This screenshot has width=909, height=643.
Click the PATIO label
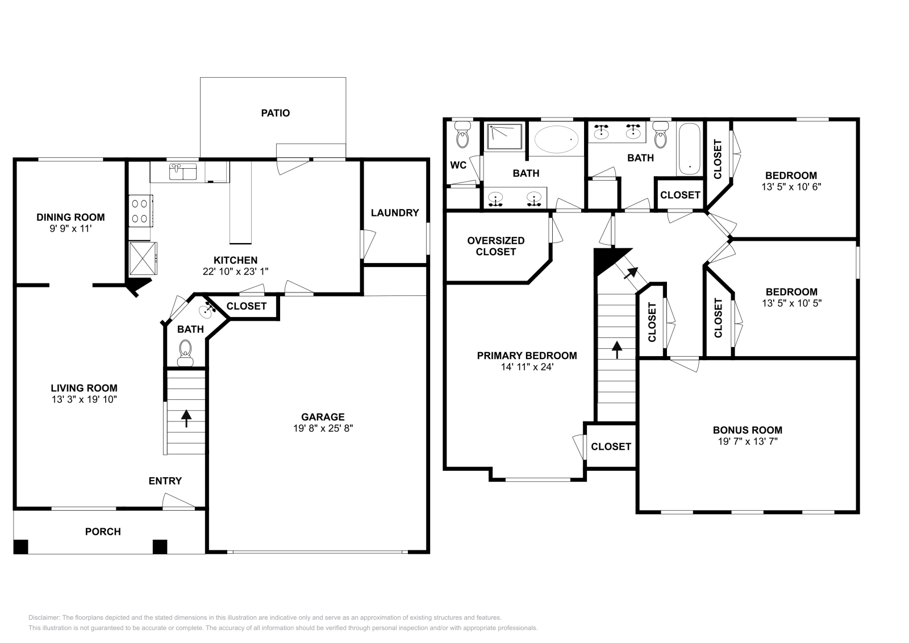pyautogui.click(x=275, y=113)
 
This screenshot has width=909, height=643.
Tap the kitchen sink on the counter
pyautogui.click(x=182, y=171)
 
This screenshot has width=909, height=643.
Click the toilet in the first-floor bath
pyautogui.click(x=185, y=351)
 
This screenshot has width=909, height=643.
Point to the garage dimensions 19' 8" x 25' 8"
pyautogui.click(x=323, y=428)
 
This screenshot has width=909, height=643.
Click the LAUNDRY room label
pyautogui.click(x=394, y=212)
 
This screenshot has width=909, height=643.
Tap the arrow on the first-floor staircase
pyautogui.click(x=186, y=419)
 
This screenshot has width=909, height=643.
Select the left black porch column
pyautogui.click(x=20, y=546)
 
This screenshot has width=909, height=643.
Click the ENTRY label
pyautogui.click(x=165, y=481)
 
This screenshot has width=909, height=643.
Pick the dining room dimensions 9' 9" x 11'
pyautogui.click(x=70, y=228)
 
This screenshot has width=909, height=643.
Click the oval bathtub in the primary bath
pyautogui.click(x=557, y=139)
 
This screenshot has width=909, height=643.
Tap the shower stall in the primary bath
pyautogui.click(x=503, y=137)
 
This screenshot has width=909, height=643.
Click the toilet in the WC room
pyautogui.click(x=462, y=137)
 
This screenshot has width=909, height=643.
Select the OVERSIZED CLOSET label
pyautogui.click(x=495, y=246)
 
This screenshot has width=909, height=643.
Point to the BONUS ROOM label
pyautogui.click(x=747, y=430)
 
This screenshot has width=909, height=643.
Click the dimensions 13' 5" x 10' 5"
pyautogui.click(x=791, y=303)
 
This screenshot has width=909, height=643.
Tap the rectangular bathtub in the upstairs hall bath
pyautogui.click(x=689, y=149)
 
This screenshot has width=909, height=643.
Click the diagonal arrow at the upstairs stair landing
pyautogui.click(x=629, y=273)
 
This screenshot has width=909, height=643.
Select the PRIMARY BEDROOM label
pyautogui.click(x=527, y=356)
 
